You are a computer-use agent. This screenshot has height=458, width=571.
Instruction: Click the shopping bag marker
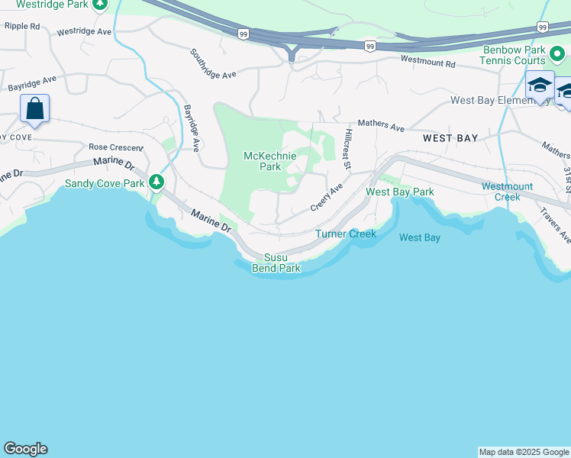tap(35, 108)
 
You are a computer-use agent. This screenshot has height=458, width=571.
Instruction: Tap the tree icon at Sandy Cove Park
tap(156, 182)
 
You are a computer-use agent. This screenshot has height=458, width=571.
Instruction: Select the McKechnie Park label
tap(269, 161)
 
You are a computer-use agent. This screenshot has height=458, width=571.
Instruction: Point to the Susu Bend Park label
tap(276, 263)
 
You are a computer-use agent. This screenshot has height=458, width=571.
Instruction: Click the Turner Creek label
tap(346, 234)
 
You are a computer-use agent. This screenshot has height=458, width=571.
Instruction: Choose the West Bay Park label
tap(400, 192)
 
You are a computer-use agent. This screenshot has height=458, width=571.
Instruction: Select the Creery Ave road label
tap(327, 197)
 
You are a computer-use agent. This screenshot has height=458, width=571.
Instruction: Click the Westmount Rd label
tap(427, 60)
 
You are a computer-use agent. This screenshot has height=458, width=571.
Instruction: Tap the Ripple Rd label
tap(22, 26)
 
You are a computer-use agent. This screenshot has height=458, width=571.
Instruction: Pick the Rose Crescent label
tap(115, 147)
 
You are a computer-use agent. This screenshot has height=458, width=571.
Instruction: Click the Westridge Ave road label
tap(85, 31)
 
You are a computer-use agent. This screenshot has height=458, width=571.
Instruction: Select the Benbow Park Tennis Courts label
tap(513, 55)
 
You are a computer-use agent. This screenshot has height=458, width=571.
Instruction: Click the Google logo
tap(25, 449)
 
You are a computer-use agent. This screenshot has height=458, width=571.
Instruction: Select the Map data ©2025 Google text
tap(524, 452)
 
